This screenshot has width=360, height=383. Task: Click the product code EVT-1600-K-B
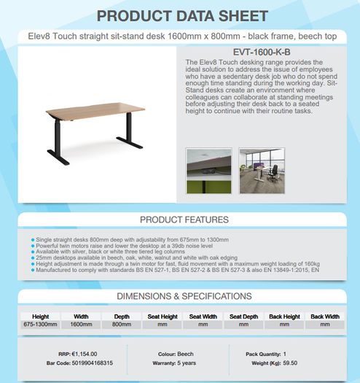[262, 52]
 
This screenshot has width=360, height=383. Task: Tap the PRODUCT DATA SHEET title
[182, 16]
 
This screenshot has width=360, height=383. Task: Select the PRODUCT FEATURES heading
[184, 220]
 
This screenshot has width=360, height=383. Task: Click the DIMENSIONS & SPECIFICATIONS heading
[184, 296]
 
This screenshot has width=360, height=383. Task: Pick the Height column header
[41, 317]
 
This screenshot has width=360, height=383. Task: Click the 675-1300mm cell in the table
[40, 325]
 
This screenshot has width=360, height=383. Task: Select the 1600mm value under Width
[81, 325]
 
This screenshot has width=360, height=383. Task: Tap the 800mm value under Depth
[122, 325]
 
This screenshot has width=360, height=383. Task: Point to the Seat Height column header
[163, 317]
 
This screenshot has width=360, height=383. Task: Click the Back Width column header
[325, 317]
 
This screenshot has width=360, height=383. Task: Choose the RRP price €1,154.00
[85, 354]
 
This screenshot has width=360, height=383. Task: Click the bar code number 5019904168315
[93, 363]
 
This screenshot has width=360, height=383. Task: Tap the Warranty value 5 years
[187, 363]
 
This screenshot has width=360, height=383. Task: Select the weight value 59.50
[290, 363]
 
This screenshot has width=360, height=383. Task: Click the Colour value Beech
[186, 354]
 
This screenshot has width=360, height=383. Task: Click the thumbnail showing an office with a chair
[262, 171]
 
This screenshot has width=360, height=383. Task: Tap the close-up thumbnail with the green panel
[208, 171]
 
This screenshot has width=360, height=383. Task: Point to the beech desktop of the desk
[95, 110]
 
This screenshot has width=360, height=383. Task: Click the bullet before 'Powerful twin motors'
[33, 246]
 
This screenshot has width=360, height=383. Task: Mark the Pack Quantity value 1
[285, 354]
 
